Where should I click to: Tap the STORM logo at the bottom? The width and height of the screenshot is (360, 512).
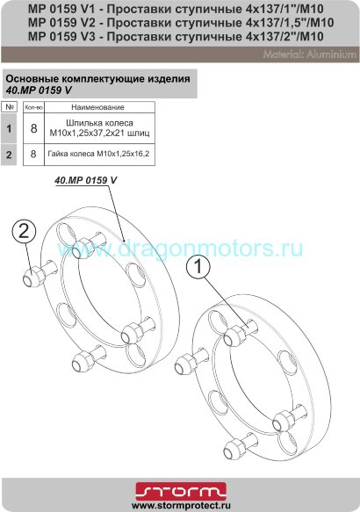[x=180, y=489]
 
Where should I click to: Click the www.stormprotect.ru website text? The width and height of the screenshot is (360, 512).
[x=180, y=505]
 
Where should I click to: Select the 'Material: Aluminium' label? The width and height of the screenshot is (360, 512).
[x=306, y=55]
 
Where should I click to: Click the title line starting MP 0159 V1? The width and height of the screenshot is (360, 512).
[x=164, y=8]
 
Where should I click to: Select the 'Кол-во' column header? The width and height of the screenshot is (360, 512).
[x=33, y=106]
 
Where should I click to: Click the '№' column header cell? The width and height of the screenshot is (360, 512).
[x=10, y=106]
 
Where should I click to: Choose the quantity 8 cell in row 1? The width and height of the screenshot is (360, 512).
[x=33, y=127]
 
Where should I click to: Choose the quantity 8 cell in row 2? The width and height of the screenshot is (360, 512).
[x=33, y=154]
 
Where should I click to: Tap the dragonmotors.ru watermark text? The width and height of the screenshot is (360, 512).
[x=180, y=249]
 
